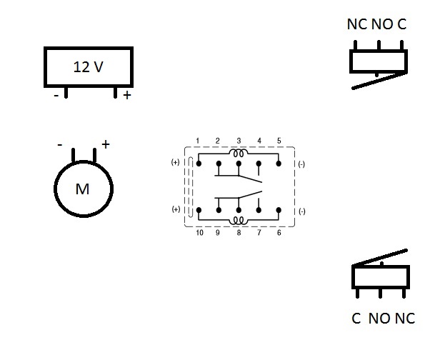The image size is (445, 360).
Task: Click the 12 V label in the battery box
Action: (x=89, y=67)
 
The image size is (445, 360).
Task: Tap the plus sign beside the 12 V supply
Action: (x=127, y=95)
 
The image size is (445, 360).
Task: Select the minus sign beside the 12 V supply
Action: (x=56, y=95)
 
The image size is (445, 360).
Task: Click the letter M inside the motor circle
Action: (x=83, y=189)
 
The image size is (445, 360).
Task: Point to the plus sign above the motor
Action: (x=105, y=144)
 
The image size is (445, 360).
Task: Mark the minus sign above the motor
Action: (x=60, y=144)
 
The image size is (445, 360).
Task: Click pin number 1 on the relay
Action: (x=198, y=140)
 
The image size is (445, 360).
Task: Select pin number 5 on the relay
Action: (x=279, y=140)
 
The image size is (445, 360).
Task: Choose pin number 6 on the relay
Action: (x=279, y=233)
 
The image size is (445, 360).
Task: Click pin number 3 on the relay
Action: (x=239, y=140)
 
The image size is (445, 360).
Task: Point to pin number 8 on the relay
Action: (x=239, y=233)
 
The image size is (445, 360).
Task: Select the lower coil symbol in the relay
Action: (x=239, y=221)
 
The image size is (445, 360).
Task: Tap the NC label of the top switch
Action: (x=356, y=24)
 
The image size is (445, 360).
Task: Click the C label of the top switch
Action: (x=401, y=24)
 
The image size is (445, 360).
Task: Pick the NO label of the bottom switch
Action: (x=379, y=319)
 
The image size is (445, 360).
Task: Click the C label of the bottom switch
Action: (x=356, y=319)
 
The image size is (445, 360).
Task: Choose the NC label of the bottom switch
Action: (x=404, y=319)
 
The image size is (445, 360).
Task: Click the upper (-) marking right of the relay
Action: (x=301, y=163)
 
